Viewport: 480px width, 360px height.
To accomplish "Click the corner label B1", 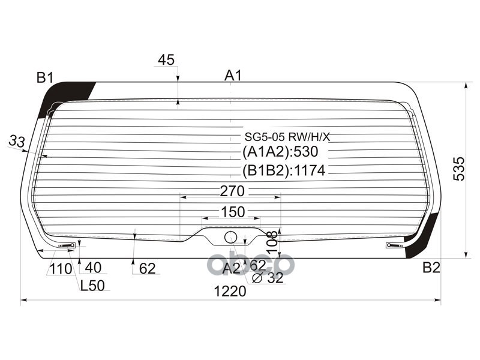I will click(x=45, y=77).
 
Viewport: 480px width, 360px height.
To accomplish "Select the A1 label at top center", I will click(x=233, y=76).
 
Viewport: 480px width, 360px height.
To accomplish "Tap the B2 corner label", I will click(x=431, y=268).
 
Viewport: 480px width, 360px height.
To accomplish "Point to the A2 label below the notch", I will click(x=232, y=268).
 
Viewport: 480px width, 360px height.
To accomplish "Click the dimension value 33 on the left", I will click(x=17, y=142).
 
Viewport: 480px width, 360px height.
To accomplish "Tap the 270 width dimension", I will click(x=232, y=191).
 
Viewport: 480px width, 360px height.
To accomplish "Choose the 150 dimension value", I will click(x=233, y=212).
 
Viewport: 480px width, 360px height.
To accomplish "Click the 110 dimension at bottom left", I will click(x=61, y=269).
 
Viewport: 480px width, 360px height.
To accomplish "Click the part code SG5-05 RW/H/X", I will click(x=286, y=137).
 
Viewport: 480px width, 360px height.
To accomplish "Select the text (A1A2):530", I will click(x=280, y=152).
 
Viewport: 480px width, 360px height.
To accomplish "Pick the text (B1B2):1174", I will click(x=283, y=171).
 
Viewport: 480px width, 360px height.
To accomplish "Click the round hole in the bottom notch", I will click(x=230, y=237).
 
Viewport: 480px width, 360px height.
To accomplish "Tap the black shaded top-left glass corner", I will click(x=64, y=96).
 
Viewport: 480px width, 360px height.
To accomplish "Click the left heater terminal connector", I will click(x=67, y=245).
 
